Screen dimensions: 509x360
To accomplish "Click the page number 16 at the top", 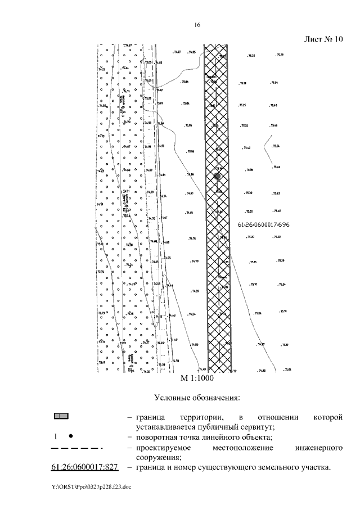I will point(197,25).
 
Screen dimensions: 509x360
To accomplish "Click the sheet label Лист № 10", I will point(323,40).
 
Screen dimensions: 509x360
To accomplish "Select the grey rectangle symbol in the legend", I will point(61,416).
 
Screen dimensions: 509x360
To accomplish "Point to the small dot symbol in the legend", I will point(70,436).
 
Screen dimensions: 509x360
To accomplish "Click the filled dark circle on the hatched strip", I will point(217,176).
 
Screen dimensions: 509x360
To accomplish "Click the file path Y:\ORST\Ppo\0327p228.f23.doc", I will point(87,487).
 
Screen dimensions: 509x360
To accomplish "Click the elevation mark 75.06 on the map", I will point(191,152).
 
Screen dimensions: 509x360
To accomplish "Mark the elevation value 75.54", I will point(276,146).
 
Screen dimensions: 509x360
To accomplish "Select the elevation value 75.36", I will point(249,170).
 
